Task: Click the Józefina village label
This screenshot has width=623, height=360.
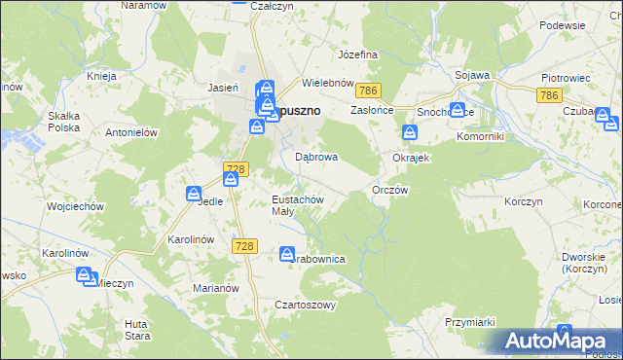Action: pos(356,54)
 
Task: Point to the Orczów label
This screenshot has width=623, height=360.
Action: pos(389,191)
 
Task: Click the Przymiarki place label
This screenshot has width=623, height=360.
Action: pos(470,322)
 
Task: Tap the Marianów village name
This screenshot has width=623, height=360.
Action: pos(215,288)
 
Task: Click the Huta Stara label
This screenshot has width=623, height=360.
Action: pos(137,329)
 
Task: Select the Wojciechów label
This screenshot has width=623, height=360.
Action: pos(48,207)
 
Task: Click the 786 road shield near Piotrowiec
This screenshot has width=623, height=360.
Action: pos(549,94)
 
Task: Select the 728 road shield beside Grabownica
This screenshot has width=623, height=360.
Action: pos(244,246)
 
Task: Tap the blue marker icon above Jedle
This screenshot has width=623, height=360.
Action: pos(195,195)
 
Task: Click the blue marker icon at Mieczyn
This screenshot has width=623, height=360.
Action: pos(85,276)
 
